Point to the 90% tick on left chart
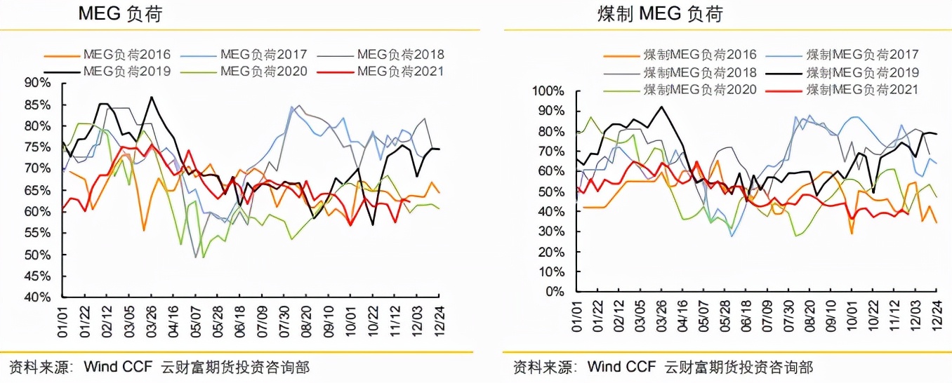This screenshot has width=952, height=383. [x=37, y=83]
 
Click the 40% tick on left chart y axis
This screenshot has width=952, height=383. [x=37, y=297]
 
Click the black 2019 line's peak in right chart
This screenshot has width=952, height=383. [x=661, y=107]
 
